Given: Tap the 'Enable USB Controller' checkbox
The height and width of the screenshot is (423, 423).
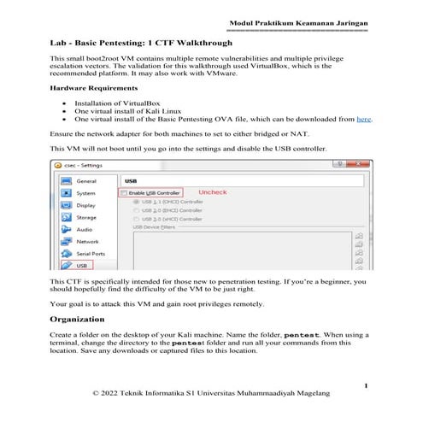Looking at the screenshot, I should (124, 194).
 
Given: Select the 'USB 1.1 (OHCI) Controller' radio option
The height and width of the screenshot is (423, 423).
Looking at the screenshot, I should (136, 202).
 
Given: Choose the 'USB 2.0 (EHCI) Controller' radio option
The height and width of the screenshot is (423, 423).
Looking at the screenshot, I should (136, 210).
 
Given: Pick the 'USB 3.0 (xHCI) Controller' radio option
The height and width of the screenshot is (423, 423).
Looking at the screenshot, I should (136, 219).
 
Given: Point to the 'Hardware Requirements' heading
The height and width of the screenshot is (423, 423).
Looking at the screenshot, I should (94, 88).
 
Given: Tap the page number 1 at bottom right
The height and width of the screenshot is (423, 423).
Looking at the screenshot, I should (365, 386).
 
